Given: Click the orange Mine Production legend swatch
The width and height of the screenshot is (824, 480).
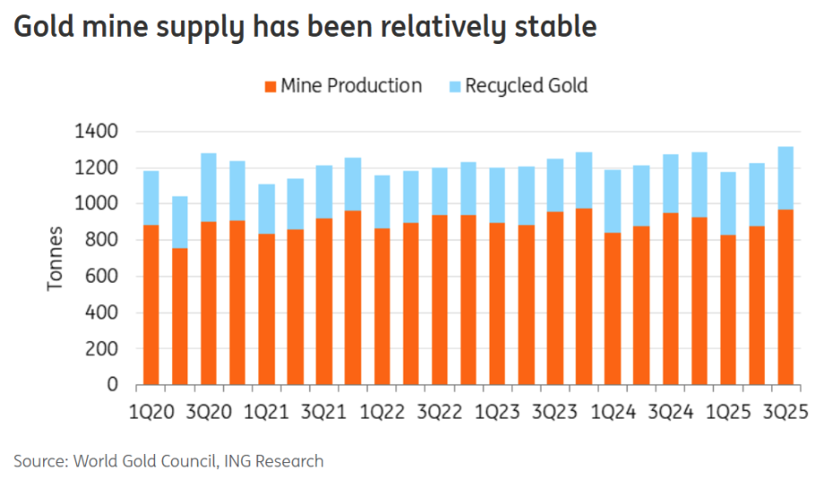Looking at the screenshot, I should (x=270, y=87).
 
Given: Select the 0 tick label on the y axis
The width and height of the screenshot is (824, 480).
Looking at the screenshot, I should (x=113, y=385).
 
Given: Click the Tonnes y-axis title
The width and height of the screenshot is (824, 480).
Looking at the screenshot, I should (x=56, y=258).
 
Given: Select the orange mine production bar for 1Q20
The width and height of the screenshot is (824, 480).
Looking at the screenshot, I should (x=151, y=305).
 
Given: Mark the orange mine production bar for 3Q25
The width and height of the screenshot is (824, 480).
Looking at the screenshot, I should (x=785, y=297).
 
